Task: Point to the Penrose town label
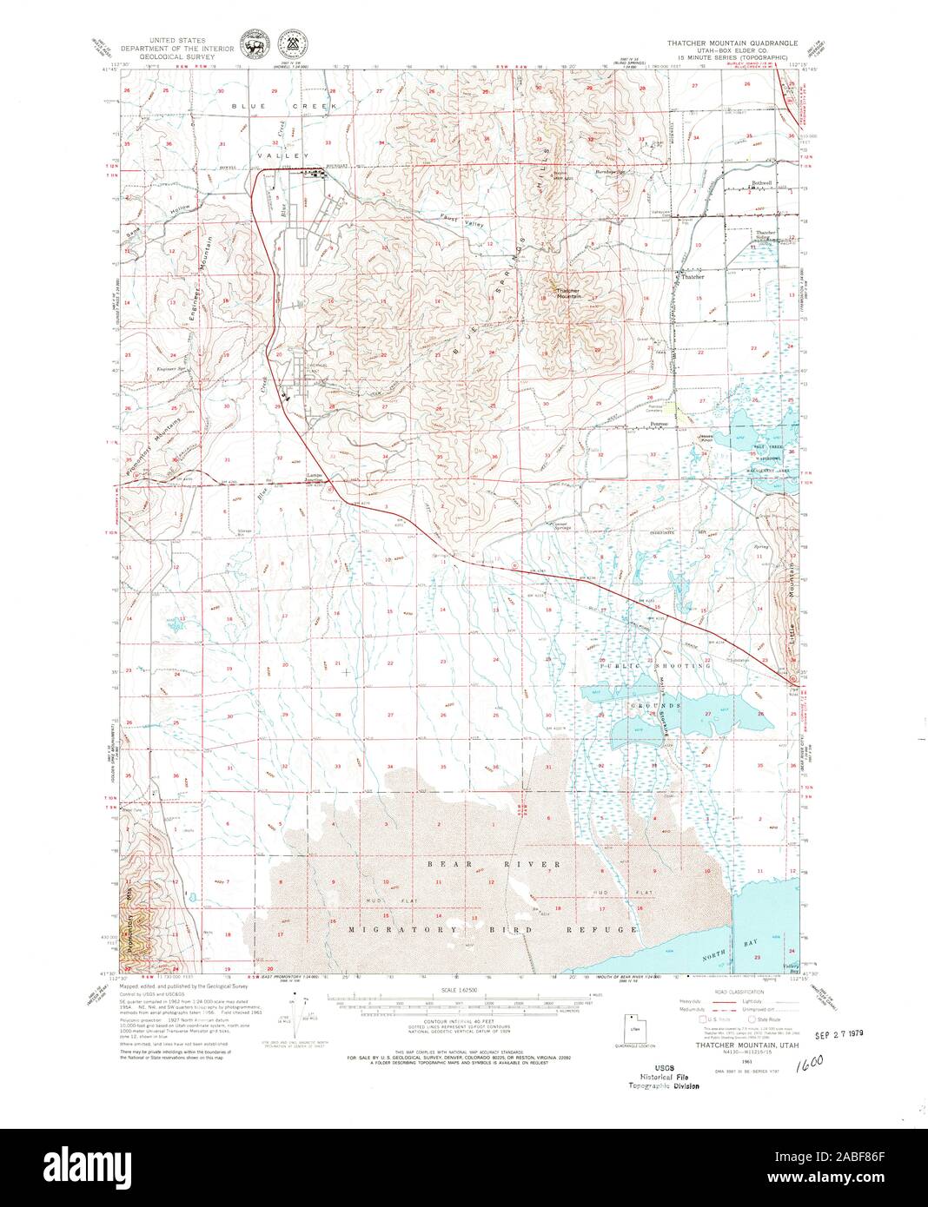pyautogui.click(x=659, y=425)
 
